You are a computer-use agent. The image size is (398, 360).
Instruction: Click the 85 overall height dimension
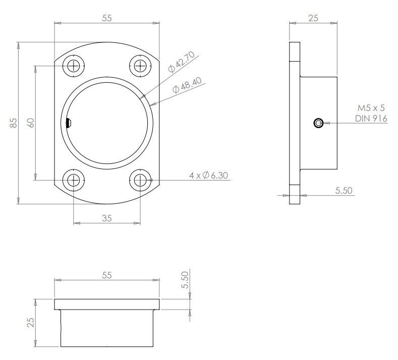pos(14,123)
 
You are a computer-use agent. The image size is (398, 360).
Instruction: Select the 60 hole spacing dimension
pos(31,123)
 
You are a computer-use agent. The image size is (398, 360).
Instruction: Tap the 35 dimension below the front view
pos(106,218)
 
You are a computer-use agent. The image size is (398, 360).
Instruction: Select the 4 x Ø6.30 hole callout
pos(209,175)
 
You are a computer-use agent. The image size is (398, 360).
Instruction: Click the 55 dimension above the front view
pos(106,18)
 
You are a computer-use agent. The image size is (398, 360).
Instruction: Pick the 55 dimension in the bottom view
pos(106,275)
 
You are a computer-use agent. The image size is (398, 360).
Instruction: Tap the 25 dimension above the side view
pos(313,18)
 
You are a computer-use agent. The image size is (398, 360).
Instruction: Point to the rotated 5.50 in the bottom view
pos(185,279)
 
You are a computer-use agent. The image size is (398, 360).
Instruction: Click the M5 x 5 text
pos(371,108)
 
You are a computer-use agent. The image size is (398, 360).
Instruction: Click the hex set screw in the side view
pos(318,123)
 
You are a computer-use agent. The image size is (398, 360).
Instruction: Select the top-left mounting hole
pos(74,65)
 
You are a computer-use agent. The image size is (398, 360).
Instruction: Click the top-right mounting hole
pos(140,65)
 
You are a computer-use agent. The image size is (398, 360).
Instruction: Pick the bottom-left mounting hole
pos(74,180)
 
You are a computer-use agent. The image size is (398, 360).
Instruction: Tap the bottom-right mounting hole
pos(140,180)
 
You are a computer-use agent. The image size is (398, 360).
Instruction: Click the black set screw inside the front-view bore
pos(69,123)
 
